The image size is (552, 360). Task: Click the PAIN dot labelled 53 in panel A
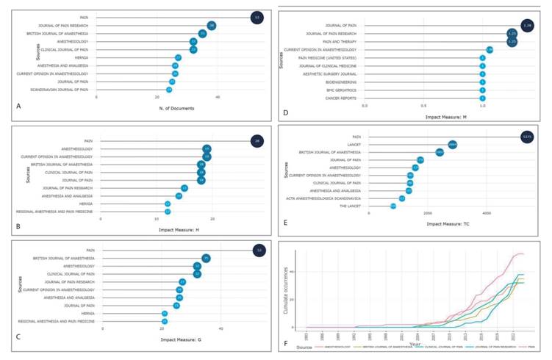pos(256,16)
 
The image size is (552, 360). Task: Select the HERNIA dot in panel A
pos(178,57)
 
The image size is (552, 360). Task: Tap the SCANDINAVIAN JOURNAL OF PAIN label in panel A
pos(63,90)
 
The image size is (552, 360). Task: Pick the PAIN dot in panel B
pos(256,140)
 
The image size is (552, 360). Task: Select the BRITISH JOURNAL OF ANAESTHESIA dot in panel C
pos(207,258)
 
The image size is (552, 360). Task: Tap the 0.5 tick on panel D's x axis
pos(423,106)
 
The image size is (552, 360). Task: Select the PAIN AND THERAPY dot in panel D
pos(512,42)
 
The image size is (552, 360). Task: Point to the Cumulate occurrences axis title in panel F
pos(284,287)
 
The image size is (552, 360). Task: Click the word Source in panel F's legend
pos(295,348)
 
